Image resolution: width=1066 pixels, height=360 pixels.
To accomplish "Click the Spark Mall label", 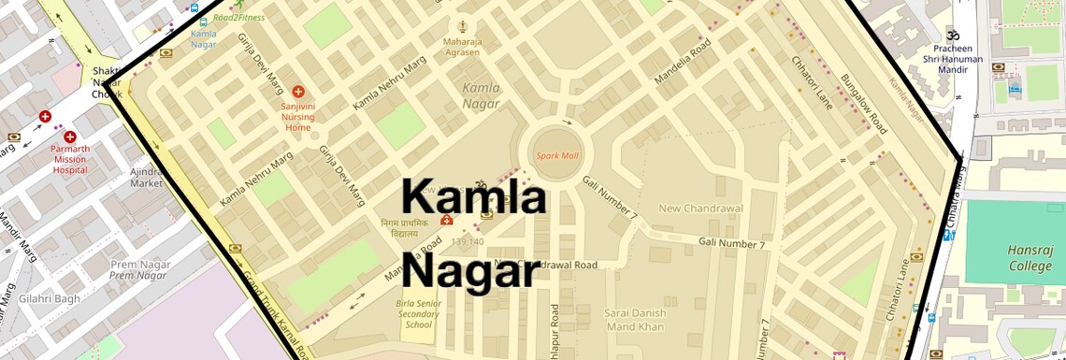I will coord(556,155).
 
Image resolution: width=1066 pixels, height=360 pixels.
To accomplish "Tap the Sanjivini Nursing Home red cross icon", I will coord(297,92).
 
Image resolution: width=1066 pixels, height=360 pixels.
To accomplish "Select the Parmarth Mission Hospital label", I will coord(69,158).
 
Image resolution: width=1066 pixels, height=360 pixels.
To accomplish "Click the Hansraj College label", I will coord(1030,258).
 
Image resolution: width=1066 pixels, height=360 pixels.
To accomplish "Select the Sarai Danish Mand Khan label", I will coord(635,320).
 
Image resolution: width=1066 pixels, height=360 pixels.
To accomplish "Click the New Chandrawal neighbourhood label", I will coord(700,208).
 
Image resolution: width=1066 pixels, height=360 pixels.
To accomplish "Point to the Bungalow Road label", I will coord(862,104).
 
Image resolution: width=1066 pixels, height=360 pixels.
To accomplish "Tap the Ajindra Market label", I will coord(146,178).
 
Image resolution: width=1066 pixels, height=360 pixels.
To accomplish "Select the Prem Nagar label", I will coord(139,269).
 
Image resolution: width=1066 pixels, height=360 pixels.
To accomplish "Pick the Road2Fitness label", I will coord(238,17).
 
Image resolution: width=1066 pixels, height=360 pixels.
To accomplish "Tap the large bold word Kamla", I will coord(473,199).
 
